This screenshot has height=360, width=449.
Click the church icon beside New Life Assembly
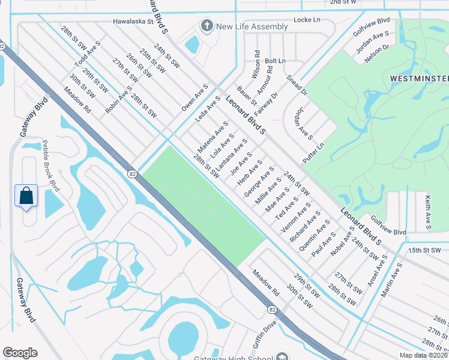point(206,26)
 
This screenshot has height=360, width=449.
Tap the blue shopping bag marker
point(26,196)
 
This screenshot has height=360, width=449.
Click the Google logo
point(20,353)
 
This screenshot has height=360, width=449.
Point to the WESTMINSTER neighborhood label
point(419,79)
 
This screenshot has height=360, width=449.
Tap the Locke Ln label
point(307,20)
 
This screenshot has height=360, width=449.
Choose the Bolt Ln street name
point(275,61)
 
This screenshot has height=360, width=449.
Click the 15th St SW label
point(424,250)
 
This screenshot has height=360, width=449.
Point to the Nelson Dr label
point(378,54)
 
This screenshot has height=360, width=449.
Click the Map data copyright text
point(423,355)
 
